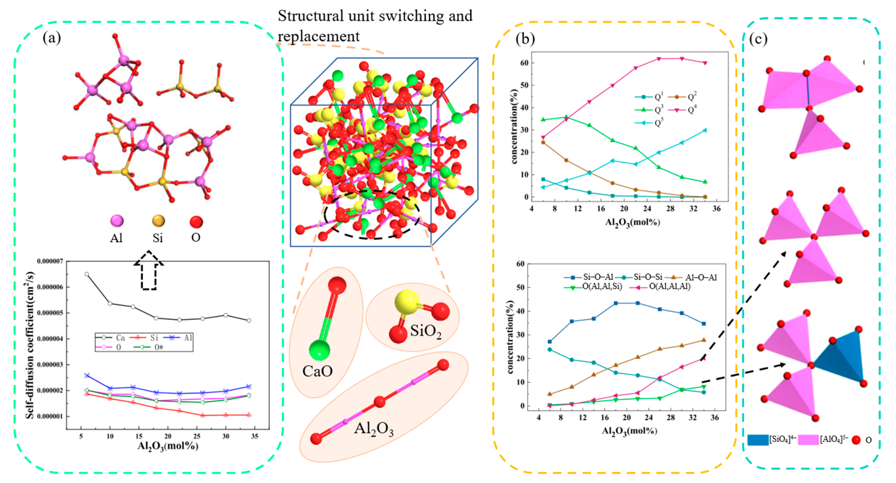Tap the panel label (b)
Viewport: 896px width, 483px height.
click(525, 39)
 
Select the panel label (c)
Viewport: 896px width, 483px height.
click(758, 39)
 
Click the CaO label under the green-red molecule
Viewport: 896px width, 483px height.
click(317, 371)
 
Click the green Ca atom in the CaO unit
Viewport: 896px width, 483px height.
click(319, 350)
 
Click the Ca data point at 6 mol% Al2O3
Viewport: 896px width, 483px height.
click(87, 274)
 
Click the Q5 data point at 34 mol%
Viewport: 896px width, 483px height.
click(705, 130)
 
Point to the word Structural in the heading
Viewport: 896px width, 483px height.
click(311, 16)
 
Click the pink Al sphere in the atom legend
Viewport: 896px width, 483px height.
click(117, 221)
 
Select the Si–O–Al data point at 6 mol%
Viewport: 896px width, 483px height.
click(549, 342)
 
